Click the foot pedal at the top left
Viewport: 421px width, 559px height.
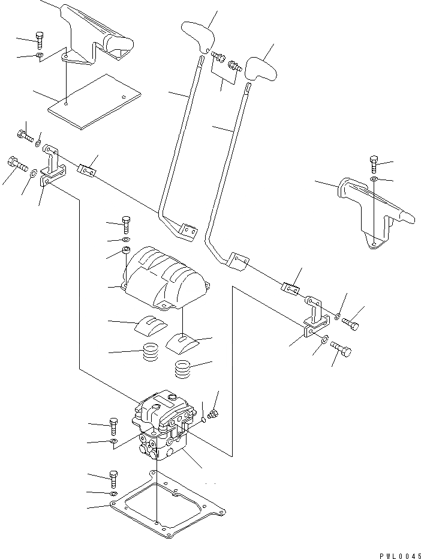(96, 36)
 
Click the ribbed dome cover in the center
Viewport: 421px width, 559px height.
(165, 276)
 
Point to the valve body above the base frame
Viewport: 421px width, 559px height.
(164, 429)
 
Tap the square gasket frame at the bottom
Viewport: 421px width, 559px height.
(168, 507)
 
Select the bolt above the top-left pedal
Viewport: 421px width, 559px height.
(40, 39)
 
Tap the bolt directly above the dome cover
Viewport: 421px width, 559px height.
(125, 225)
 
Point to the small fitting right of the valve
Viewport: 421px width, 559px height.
(212, 414)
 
